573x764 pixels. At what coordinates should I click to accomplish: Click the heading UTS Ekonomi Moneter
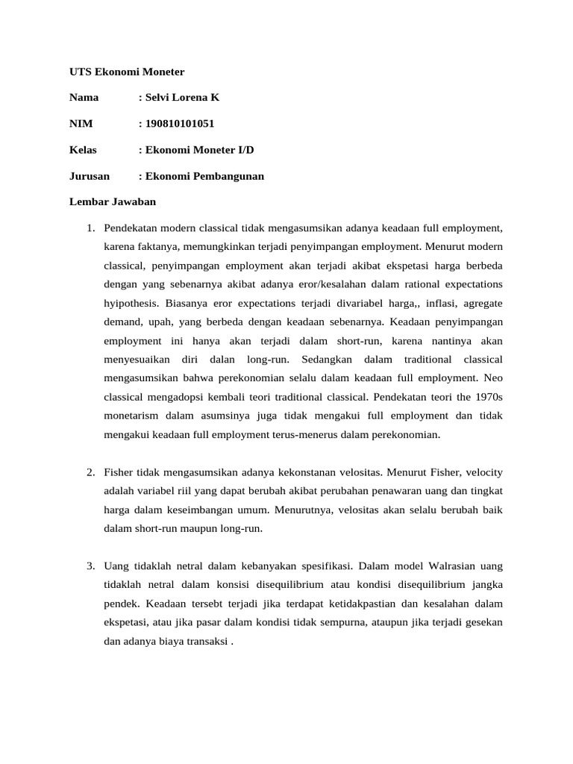tap(126, 72)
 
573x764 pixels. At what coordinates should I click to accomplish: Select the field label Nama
tap(84, 98)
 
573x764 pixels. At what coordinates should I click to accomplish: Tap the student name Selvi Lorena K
tap(182, 98)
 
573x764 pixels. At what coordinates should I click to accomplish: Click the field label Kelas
tap(83, 150)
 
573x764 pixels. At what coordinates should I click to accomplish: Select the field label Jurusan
tap(89, 176)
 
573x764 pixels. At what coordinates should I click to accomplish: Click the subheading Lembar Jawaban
tap(112, 201)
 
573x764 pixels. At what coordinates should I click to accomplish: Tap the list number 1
tap(90, 227)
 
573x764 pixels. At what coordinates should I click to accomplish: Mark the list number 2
tap(90, 472)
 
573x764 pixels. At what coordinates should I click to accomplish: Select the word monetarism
tap(132, 415)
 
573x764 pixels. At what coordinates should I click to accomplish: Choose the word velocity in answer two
tap(484, 472)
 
